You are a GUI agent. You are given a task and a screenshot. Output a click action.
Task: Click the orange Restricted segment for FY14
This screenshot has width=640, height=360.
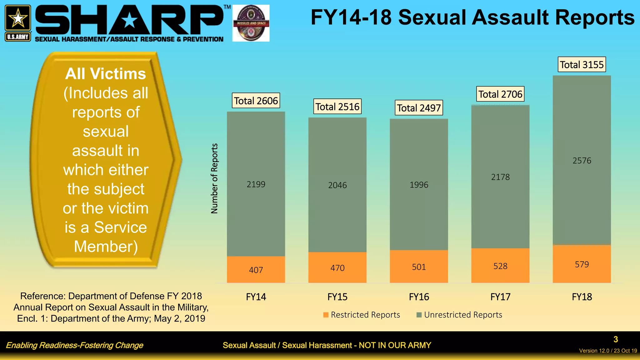point(256,269)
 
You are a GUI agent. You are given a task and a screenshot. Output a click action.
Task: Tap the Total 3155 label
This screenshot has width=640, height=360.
point(582,65)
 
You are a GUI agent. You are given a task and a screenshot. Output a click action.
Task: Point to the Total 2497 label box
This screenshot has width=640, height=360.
point(419,108)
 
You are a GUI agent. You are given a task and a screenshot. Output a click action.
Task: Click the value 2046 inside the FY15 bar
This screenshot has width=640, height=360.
point(337,185)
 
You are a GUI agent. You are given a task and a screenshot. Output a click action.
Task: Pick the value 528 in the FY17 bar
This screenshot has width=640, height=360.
point(500,266)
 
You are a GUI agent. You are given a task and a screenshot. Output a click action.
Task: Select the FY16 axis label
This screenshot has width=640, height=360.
point(419,297)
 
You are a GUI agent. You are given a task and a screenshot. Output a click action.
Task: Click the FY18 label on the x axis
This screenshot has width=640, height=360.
point(582,297)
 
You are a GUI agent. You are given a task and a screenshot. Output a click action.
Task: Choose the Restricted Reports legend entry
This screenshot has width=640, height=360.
point(362,315)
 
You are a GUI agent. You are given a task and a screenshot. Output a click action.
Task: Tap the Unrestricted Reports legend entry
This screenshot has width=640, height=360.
point(459,315)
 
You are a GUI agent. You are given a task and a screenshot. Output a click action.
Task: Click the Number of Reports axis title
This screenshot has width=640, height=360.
point(214,178)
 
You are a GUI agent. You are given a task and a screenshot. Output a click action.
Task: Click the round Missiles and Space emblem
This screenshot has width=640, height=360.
point(251,23)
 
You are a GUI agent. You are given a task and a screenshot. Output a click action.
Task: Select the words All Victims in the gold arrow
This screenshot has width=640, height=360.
point(106,74)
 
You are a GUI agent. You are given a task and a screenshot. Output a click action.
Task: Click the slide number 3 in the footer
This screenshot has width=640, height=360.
point(615,339)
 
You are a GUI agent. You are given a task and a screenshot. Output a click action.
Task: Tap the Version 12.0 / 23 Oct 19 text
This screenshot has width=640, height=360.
point(607,351)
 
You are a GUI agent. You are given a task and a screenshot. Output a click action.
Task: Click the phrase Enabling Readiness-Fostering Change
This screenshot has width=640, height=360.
point(74,345)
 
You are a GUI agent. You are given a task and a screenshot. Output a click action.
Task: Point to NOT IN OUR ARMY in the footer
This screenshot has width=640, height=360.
point(395,345)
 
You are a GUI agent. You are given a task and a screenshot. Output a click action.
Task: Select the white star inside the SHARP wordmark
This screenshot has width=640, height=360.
point(129,21)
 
